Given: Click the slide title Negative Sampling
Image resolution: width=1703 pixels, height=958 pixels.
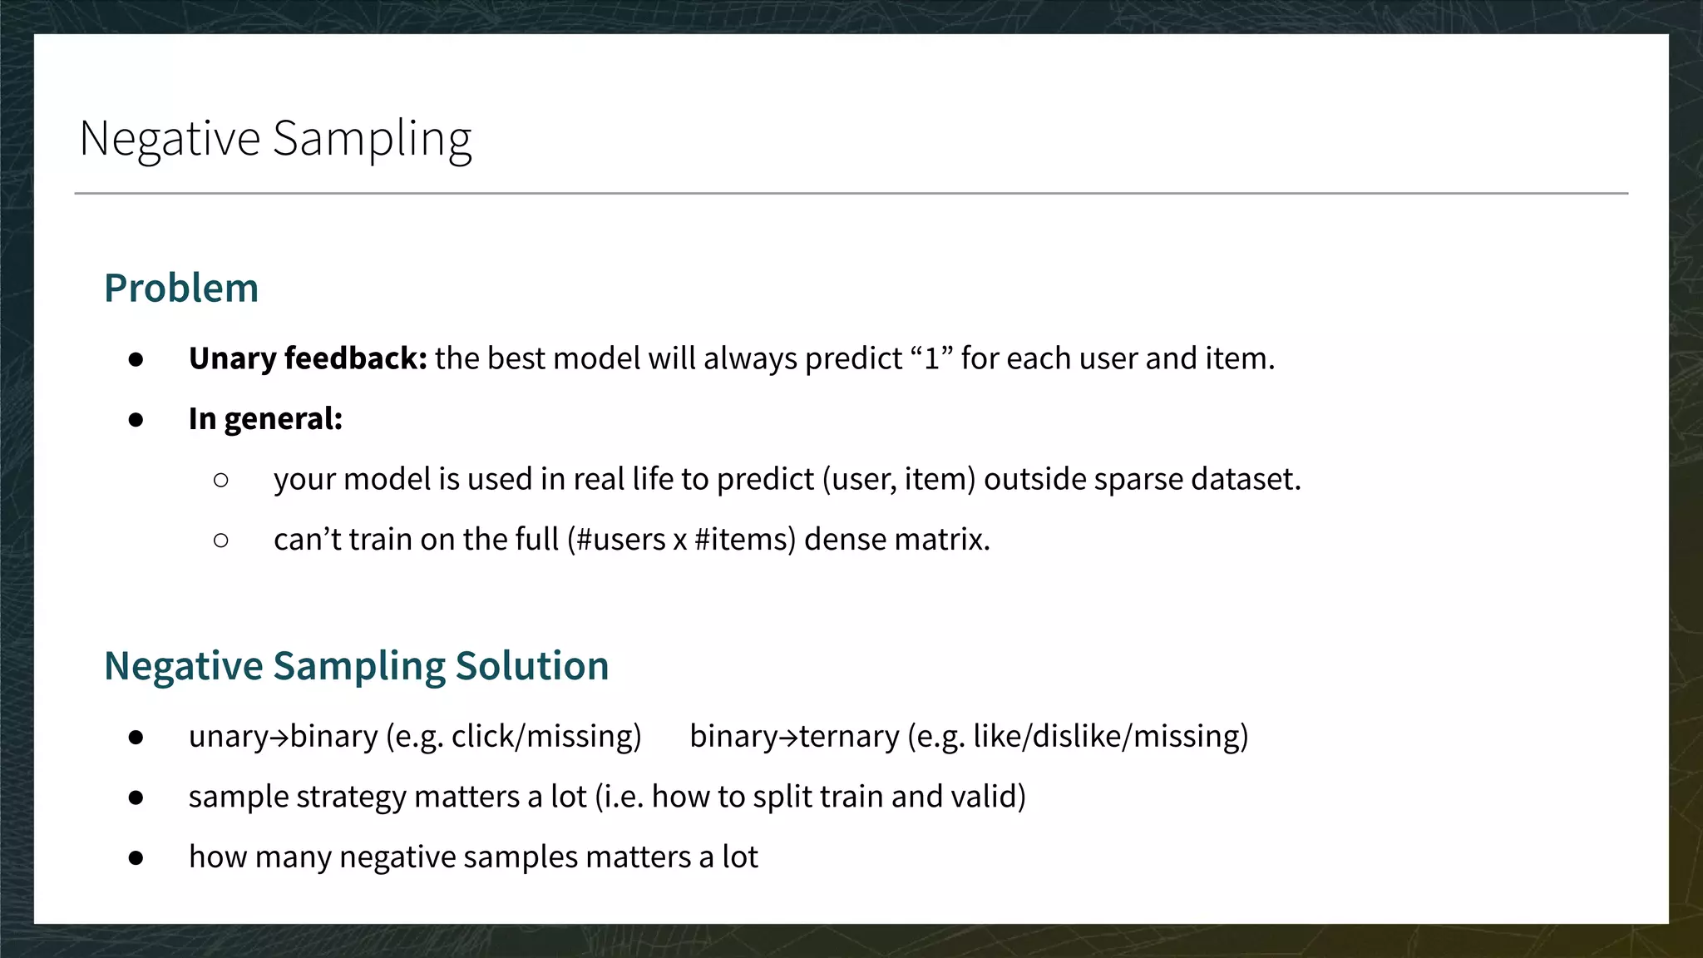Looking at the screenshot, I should [x=275, y=139].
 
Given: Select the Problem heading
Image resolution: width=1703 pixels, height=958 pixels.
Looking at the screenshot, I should [x=181, y=289].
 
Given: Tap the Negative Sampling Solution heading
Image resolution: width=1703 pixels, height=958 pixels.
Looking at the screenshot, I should [x=356, y=666].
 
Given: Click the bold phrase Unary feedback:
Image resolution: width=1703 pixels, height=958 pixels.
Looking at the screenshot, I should [x=308, y=358].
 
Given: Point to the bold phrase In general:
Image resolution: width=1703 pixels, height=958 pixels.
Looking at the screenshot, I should [x=265, y=419].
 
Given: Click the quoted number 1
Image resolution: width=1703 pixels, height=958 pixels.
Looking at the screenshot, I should [x=931, y=359].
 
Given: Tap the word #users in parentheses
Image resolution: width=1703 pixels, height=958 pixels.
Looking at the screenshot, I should [x=620, y=540].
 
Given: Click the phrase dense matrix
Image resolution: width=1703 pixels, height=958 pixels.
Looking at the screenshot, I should [x=896, y=540].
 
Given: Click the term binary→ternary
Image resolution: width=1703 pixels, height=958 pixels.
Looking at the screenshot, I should [x=794, y=737].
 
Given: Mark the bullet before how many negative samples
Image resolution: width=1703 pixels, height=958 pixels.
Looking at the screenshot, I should [x=136, y=857].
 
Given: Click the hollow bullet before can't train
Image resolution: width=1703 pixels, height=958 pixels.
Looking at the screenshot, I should [x=220, y=541].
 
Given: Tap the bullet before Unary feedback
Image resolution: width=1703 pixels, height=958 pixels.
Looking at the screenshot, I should [x=136, y=359].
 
